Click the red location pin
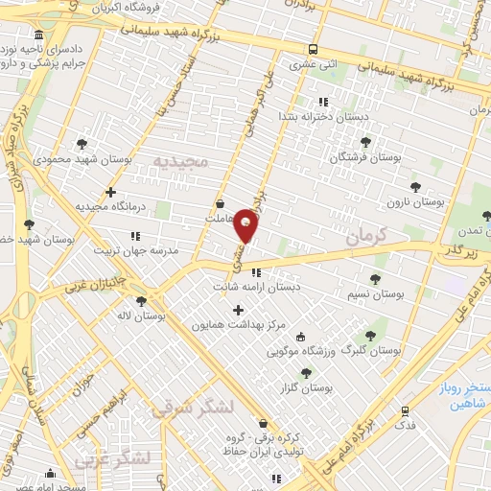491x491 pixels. coord(246,224)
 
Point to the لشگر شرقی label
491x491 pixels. coord(192,408)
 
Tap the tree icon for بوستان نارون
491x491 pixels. coord(414,187)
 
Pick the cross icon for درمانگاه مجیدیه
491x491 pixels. coord(111,192)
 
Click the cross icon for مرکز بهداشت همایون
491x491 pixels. coord(239,309)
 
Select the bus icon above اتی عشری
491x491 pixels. coord(314,50)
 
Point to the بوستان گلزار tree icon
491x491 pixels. coord(306,373)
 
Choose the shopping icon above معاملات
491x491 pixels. coord(221,203)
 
